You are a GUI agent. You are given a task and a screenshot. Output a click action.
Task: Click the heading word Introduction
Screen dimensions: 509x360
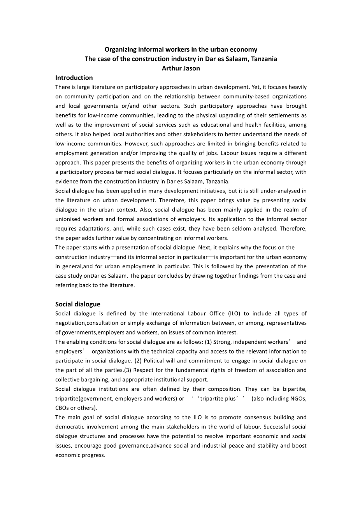[x=74, y=78]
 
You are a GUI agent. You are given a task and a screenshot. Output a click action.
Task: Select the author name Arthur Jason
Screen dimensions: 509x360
[x=181, y=68]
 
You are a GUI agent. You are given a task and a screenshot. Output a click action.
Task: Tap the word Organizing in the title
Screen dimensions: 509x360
[x=120, y=49]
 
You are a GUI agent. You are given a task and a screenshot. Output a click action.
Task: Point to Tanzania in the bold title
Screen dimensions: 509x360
[x=264, y=59]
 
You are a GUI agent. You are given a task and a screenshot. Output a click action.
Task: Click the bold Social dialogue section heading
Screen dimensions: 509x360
[x=77, y=304]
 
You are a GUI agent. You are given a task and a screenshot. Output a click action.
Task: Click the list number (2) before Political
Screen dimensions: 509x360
[x=139, y=361]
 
